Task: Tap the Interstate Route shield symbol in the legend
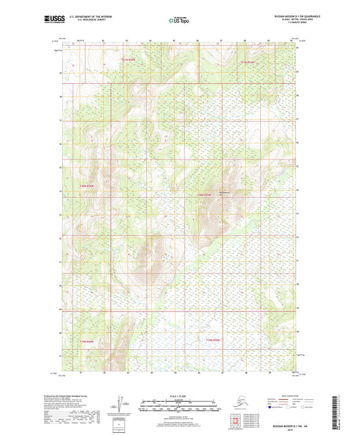point(271,408)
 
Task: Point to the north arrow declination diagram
point(122,403)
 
